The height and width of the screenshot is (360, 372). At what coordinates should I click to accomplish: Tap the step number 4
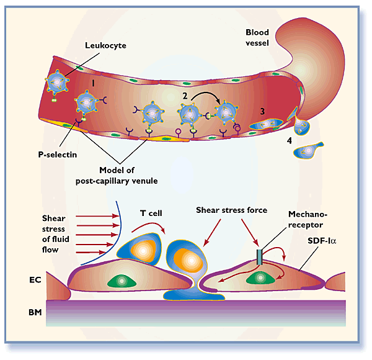(289, 141)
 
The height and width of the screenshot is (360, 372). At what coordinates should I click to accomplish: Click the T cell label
(151, 213)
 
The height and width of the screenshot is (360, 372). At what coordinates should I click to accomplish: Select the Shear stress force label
(231, 210)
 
